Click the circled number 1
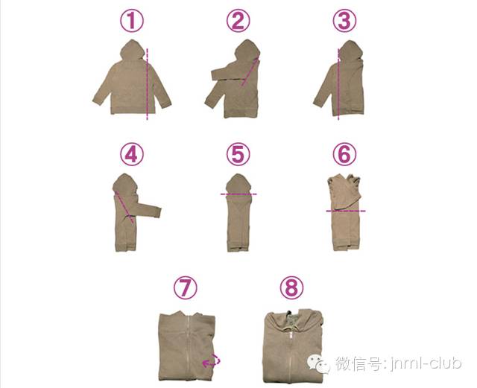pyautogui.click(x=131, y=21)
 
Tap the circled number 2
pyautogui.click(x=238, y=21)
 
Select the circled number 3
pyautogui.click(x=344, y=21)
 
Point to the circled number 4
pyautogui.click(x=131, y=154)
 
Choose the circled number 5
pyautogui.click(x=238, y=154)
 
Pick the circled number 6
pyautogui.click(x=344, y=154)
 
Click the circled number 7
pyautogui.click(x=186, y=287)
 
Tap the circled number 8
pyautogui.click(x=291, y=287)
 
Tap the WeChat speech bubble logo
pyautogui.click(x=318, y=364)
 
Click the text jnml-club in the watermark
pyautogui.click(x=426, y=363)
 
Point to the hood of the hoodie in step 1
pyautogui.click(x=133, y=50)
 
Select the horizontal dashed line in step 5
pyautogui.click(x=238, y=194)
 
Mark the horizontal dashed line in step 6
pyautogui.click(x=346, y=211)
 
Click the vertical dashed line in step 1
pyautogui.click(x=148, y=83)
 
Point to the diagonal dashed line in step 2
pyautogui.click(x=250, y=73)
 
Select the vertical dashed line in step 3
pyautogui.click(x=338, y=83)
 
